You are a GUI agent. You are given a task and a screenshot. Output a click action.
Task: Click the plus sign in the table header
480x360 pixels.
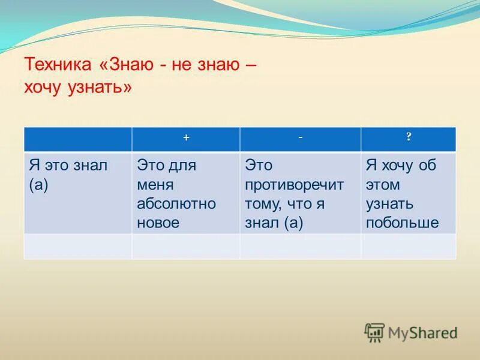point(186,138)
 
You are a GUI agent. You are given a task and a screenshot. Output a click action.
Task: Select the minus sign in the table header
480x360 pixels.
point(301,137)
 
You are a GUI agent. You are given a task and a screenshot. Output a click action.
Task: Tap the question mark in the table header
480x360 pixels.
point(409,137)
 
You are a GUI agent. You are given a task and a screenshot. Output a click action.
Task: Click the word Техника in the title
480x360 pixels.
point(58,64)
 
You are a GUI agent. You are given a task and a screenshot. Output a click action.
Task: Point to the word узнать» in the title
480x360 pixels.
point(100,88)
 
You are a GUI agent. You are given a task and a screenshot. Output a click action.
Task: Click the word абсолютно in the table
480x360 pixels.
point(176,204)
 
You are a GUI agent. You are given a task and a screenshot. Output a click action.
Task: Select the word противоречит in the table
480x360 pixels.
point(294,185)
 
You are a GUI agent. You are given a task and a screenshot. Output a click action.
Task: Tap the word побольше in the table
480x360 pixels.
point(402,223)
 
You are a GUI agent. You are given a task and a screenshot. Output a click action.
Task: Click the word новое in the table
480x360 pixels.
point(158,223)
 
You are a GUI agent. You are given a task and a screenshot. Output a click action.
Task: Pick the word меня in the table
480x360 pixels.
point(155,185)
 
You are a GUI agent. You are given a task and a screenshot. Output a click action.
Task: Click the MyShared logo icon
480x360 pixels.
point(374,332)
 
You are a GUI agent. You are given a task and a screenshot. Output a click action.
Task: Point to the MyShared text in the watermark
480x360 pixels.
point(423,334)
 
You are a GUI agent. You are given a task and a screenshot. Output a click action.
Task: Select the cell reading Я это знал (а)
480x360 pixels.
point(78,193)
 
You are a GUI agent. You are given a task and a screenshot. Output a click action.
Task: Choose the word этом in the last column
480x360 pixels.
point(383,185)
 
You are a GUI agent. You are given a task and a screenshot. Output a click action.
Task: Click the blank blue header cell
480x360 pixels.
point(78,139)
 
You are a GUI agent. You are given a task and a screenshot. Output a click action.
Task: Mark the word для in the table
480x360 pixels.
point(182,166)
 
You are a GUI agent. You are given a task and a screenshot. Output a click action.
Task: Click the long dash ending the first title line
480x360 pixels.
point(251,65)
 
